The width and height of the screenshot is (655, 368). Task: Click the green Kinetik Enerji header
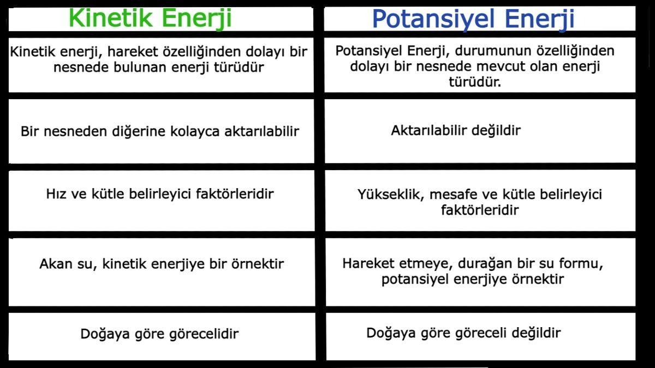pos(150,18)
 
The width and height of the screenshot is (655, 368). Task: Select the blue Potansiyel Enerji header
pos(473,18)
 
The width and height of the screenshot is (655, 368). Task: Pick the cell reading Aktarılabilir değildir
pos(456,131)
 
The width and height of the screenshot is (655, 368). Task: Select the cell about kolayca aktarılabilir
pos(160,132)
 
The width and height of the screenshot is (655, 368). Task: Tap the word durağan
pos(481,264)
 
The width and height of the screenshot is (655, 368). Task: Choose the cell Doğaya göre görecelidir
pos(159,334)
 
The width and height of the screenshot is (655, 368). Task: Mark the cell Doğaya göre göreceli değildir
pos(463,333)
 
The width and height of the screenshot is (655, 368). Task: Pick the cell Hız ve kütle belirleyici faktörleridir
pos(160,194)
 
